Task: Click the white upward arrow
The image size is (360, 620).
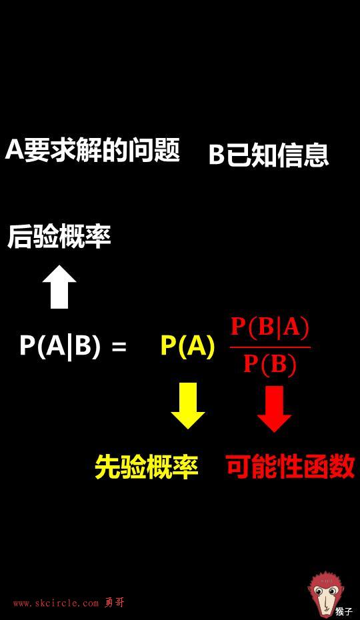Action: pyautogui.click(x=59, y=287)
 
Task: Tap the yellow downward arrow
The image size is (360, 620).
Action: pyautogui.click(x=187, y=406)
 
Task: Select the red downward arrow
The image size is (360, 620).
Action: pyautogui.click(x=274, y=409)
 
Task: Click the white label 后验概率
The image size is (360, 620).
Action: pyautogui.click(x=59, y=237)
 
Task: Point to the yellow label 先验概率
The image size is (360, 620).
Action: pyautogui.click(x=147, y=467)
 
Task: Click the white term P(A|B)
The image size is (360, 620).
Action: pyautogui.click(x=60, y=346)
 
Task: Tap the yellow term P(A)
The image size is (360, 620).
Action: pyautogui.click(x=187, y=346)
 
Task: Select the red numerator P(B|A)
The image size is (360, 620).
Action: pyautogui.click(x=269, y=328)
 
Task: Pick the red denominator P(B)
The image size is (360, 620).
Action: pyautogui.click(x=270, y=364)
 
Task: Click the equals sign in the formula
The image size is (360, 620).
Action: pyautogui.click(x=119, y=347)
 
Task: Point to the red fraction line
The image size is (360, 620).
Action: pyautogui.click(x=270, y=347)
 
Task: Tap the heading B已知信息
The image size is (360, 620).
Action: pyautogui.click(x=269, y=155)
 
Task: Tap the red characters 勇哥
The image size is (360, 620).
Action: pyautogui.click(x=115, y=603)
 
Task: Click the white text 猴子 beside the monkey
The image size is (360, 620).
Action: pyautogui.click(x=344, y=611)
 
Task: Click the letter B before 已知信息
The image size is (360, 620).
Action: pyautogui.click(x=217, y=155)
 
